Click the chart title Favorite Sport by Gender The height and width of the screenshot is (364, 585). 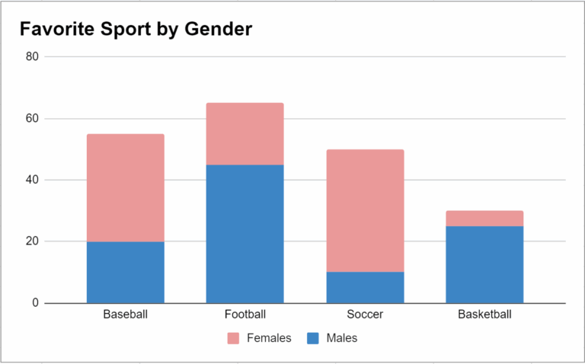coord(136,29)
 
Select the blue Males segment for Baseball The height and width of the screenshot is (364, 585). coord(125,272)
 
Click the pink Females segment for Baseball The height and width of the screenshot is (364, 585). coord(125,187)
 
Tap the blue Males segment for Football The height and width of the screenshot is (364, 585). coord(245,234)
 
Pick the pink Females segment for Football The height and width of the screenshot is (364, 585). coord(245,134)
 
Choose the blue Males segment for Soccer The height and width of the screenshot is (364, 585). coord(365,287)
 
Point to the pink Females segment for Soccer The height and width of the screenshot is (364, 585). coord(365,210)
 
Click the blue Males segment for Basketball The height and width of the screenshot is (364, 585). coord(484,264)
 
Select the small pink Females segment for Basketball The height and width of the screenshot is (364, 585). coord(484,219)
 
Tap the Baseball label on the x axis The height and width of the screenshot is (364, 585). coord(125,315)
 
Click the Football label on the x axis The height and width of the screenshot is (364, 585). coord(245,315)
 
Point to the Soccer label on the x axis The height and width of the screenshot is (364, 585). coord(365,315)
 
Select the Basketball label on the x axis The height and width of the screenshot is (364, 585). coord(484,315)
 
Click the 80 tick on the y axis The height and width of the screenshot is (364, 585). coord(32,56)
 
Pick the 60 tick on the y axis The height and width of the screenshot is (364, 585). coord(32,119)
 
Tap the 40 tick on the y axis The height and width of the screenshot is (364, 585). coord(32,180)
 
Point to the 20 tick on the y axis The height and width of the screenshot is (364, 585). coord(32,241)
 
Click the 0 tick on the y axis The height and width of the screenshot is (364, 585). coord(35,303)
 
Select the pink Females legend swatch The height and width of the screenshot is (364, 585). coord(234,338)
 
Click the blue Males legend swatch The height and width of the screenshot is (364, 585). coord(312,338)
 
